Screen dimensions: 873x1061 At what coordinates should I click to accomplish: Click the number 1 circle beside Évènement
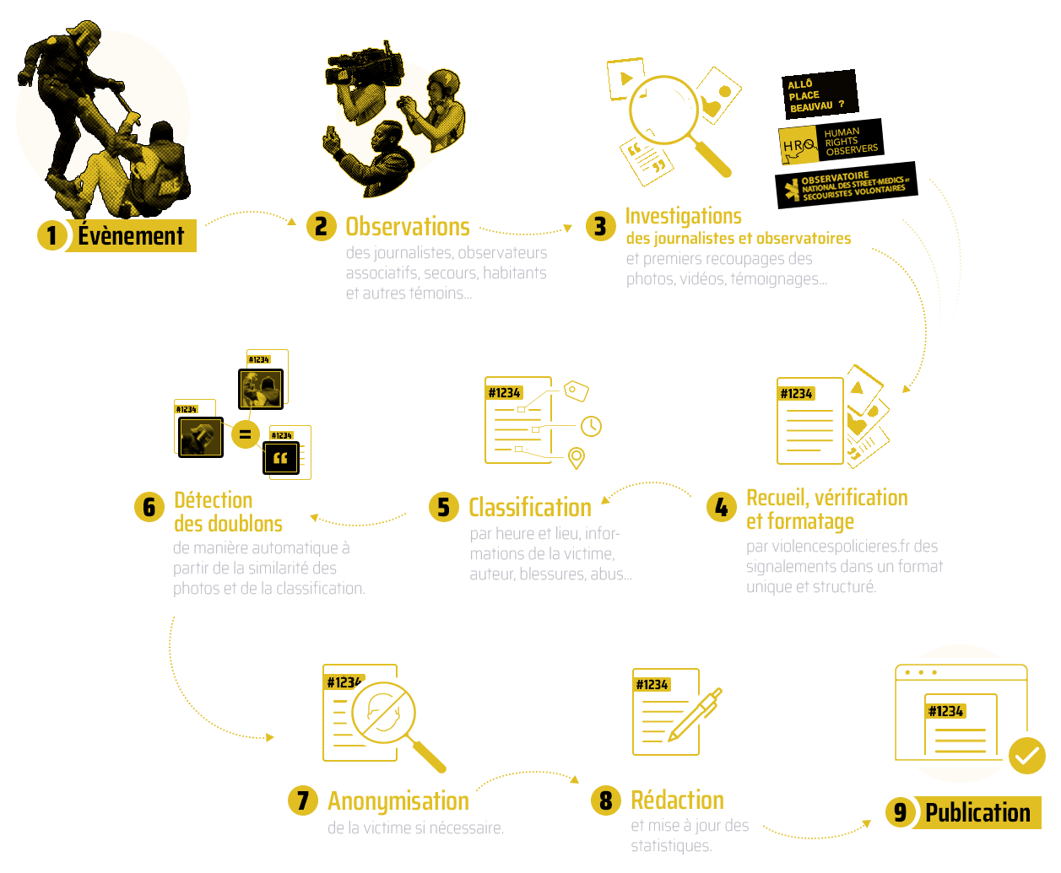tap(51, 235)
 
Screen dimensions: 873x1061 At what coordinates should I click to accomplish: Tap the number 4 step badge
tap(721, 507)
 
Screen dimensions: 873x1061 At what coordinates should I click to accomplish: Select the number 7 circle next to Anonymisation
tap(302, 800)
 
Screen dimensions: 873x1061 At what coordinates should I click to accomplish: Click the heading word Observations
tap(407, 227)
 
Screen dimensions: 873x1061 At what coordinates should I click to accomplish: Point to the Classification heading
tap(529, 507)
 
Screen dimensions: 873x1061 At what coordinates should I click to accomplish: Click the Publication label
tap(977, 812)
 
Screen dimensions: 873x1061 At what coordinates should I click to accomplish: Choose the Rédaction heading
tap(677, 800)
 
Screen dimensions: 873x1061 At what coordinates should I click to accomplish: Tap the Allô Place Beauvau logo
tap(818, 94)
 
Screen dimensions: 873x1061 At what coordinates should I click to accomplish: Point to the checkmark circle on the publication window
tap(1026, 756)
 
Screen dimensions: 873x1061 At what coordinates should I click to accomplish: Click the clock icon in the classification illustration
tap(591, 427)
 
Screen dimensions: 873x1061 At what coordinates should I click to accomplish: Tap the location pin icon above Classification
tap(577, 458)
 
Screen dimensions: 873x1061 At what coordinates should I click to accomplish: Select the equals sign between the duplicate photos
tap(245, 434)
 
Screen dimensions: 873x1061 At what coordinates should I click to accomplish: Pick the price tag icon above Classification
tap(575, 391)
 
